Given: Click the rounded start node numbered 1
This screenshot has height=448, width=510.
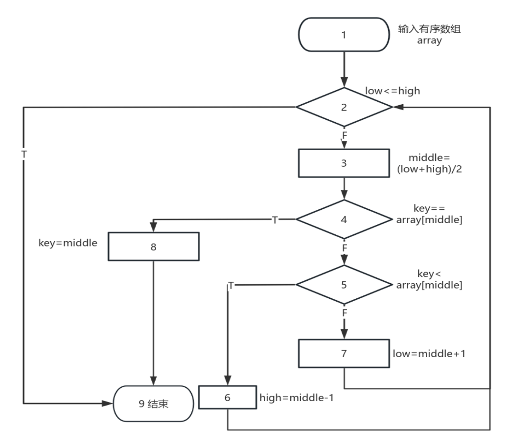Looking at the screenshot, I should tap(344, 35).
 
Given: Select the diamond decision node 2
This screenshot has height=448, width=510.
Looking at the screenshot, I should tap(344, 107).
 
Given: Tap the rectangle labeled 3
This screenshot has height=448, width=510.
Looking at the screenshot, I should tap(344, 163).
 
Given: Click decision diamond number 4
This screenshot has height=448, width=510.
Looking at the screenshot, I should tap(344, 220).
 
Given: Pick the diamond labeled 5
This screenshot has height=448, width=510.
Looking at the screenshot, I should tap(344, 285).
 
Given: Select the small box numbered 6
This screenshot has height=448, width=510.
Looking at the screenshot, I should tap(227, 398).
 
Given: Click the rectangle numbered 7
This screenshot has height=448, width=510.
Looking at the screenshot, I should tap(344, 354).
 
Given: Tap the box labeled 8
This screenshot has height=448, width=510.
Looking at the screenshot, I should tap(153, 247).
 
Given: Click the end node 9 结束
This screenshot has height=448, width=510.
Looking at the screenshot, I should tap(153, 404).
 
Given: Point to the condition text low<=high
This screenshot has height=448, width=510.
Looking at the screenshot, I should tap(393, 91).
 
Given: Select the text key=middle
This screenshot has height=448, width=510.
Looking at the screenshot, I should tap(68, 243).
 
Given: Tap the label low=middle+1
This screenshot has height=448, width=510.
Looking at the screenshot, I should tap(429, 353).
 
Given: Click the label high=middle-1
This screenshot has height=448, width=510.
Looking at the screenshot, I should tap(297, 398).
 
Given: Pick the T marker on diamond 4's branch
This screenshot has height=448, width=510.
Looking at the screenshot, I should tap(275, 220).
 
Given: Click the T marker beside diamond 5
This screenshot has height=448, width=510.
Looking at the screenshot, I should tap(231, 285).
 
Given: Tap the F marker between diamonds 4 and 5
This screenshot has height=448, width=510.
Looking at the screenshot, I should tap(344, 248).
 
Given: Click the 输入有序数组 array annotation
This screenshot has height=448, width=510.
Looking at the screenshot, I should tap(429, 35).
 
